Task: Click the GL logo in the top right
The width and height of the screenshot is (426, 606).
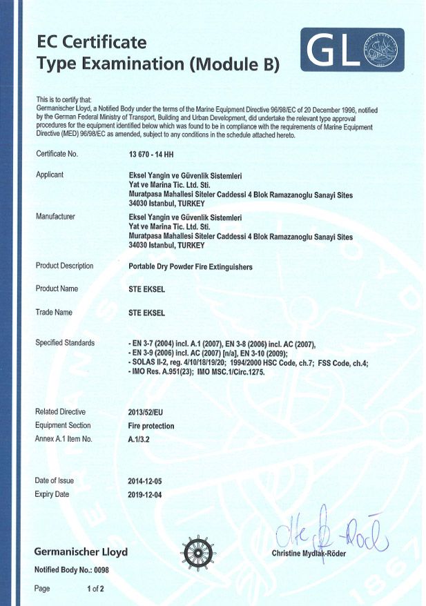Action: [x=352, y=50]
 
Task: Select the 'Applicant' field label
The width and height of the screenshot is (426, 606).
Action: [x=49, y=175]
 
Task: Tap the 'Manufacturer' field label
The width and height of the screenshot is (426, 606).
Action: [x=55, y=217]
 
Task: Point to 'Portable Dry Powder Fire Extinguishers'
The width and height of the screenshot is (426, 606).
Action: [x=191, y=266]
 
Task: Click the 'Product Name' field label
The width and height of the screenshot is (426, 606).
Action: [x=57, y=289]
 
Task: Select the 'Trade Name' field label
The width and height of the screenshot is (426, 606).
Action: [x=54, y=313]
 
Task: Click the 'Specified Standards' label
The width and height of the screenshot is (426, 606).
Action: [x=65, y=343]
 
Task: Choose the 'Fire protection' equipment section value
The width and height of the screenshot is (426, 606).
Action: [x=151, y=426]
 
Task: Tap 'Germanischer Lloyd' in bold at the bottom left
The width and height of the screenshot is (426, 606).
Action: [x=81, y=552]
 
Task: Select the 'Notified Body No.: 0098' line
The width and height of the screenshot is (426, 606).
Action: [x=72, y=570]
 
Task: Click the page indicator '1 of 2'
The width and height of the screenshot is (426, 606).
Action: [x=95, y=589]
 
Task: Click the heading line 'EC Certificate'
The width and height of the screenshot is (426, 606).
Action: [x=91, y=43]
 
